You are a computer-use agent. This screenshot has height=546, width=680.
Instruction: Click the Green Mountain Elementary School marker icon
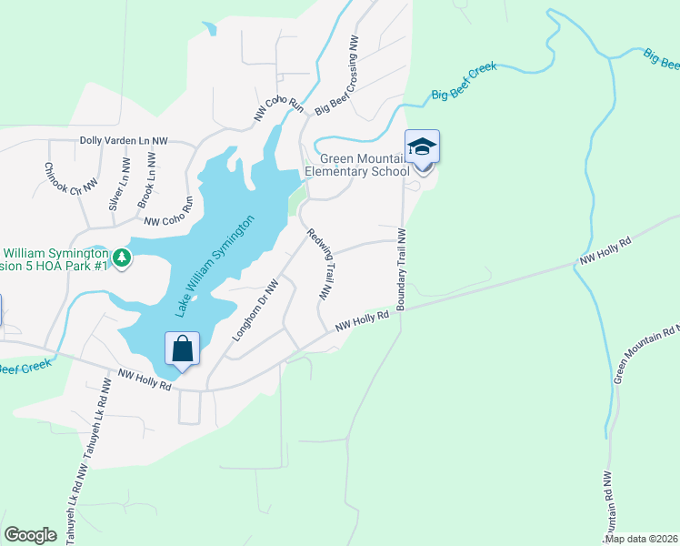(x=422, y=148)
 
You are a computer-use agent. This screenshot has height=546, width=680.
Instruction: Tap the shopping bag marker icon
(x=183, y=349)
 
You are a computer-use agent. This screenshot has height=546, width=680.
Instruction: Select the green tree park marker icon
(x=123, y=259)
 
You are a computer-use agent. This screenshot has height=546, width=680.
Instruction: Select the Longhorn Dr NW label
(x=255, y=310)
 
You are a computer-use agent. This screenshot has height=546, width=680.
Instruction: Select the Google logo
(x=30, y=535)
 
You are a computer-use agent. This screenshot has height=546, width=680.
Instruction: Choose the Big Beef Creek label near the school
(x=464, y=81)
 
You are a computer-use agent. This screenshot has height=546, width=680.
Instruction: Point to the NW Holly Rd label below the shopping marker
(x=145, y=379)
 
